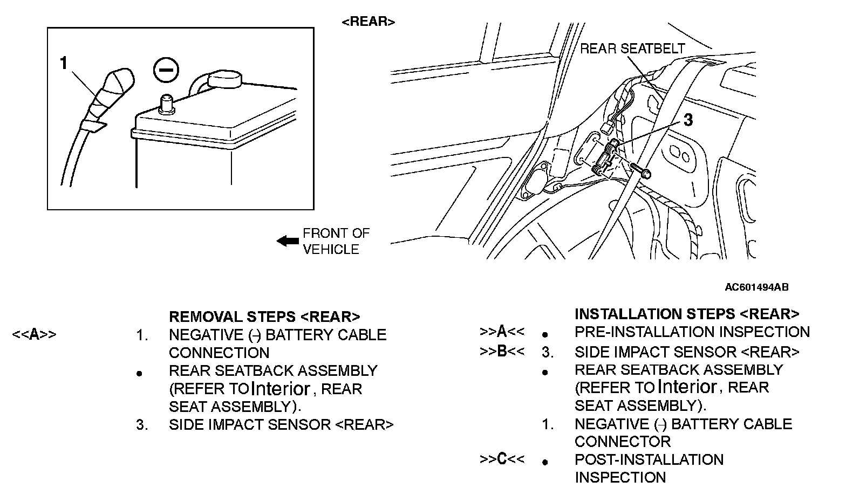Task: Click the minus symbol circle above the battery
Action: tap(166, 70)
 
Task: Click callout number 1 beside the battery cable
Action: tap(64, 64)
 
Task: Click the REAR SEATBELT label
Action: tap(632, 49)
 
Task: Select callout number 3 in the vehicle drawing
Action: tap(687, 120)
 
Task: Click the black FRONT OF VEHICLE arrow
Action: tap(287, 240)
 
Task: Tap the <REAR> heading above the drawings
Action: tap(369, 22)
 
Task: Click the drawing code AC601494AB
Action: tap(756, 287)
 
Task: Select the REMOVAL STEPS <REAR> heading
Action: tap(264, 317)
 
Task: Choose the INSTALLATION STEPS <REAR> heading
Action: tap(686, 314)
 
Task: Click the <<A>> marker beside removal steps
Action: tap(34, 335)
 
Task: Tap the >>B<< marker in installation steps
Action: tap(502, 352)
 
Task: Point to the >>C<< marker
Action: tap(502, 459)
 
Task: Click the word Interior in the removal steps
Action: tap(281, 389)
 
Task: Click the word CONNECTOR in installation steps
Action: tap(622, 442)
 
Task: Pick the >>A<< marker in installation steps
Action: tap(502, 332)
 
